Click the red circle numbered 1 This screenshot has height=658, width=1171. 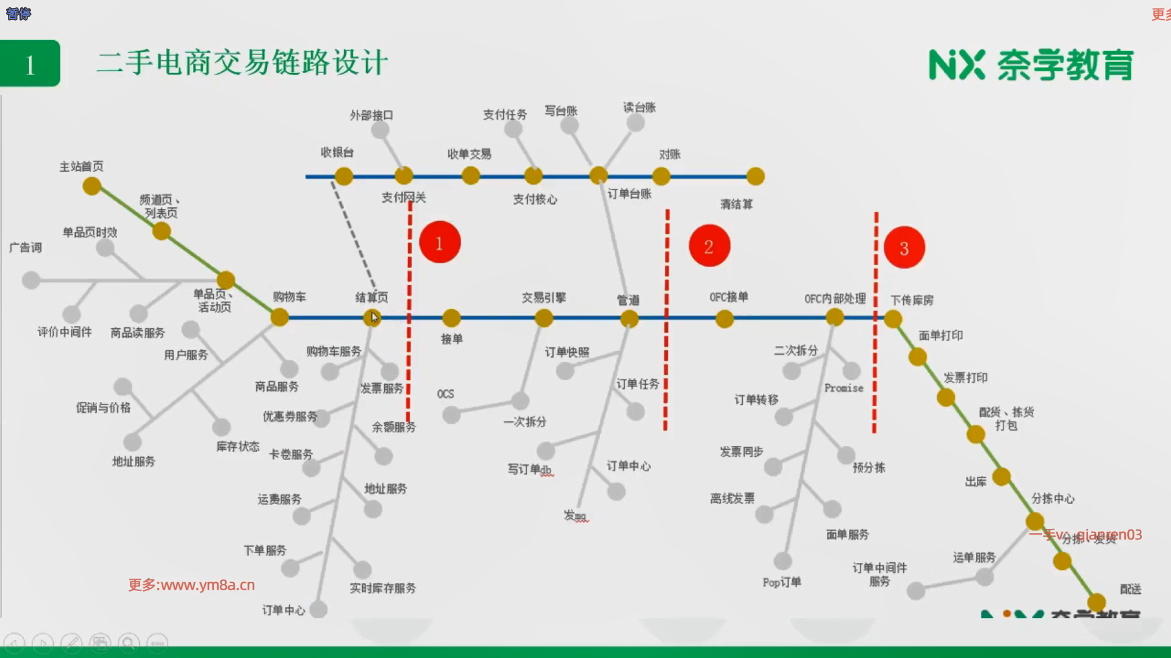point(439,243)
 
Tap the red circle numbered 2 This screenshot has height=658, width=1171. point(709,246)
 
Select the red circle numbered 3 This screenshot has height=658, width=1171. point(904,248)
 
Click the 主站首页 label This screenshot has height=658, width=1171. point(81,166)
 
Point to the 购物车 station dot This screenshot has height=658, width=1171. point(279,317)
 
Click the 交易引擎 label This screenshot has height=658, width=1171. point(543,297)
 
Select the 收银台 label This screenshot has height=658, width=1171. point(337,152)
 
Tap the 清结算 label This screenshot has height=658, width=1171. point(736,204)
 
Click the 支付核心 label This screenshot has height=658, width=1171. point(535,199)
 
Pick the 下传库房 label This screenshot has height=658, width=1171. point(912,300)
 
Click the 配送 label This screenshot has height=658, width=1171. point(1130,589)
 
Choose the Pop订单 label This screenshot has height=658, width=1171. point(781,582)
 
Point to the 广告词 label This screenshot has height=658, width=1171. point(26,247)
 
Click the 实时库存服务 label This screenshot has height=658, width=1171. point(382,588)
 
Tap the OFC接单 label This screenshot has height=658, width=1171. point(728,297)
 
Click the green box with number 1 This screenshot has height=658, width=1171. point(30,64)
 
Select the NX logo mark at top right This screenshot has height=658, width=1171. point(956,65)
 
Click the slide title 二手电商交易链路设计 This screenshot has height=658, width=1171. point(242,63)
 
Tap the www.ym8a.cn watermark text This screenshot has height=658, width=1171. point(192,585)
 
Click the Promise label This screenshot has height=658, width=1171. point(843,388)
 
